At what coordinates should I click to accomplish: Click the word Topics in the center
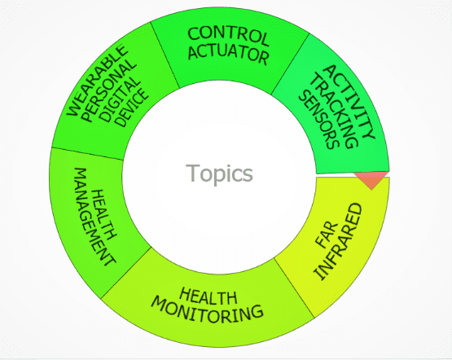point(219,173)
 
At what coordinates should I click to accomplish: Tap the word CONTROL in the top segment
point(228,37)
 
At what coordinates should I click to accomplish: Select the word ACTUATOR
point(229,55)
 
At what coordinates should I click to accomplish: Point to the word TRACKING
point(335,111)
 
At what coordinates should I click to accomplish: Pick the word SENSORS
point(318,120)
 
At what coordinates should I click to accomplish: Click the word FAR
point(327,234)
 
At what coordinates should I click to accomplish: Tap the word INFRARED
point(339,242)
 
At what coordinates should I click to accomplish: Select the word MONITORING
point(207,310)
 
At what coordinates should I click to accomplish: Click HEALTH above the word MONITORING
point(208,296)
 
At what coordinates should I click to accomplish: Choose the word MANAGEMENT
point(94,216)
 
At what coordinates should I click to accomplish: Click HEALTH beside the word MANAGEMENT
point(104,214)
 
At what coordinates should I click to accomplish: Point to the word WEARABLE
point(97,80)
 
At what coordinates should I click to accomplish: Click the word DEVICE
point(132,108)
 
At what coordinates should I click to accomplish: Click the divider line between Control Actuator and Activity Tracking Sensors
point(290,64)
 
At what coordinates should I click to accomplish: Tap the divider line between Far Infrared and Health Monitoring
point(294,288)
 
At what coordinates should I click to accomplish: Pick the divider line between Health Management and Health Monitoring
point(126,273)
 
